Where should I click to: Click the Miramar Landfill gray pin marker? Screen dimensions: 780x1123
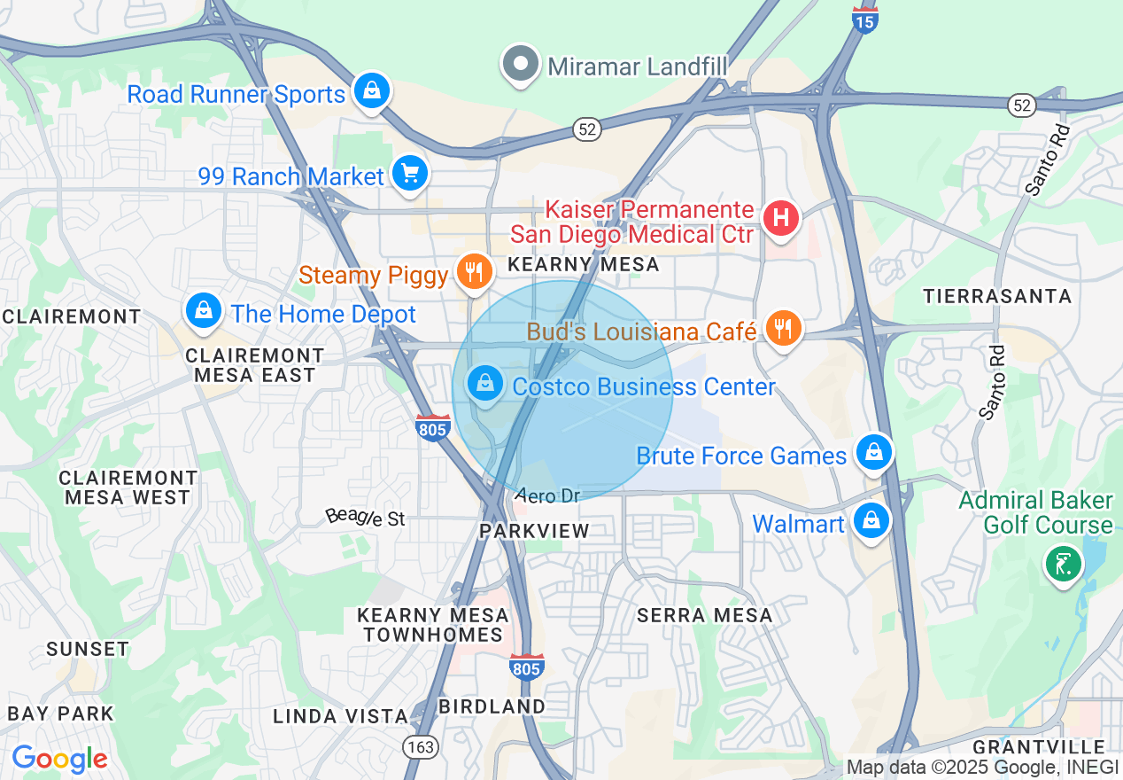click(x=521, y=64)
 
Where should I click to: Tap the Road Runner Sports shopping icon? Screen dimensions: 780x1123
click(x=372, y=91)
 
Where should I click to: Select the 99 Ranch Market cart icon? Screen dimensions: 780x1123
click(x=409, y=173)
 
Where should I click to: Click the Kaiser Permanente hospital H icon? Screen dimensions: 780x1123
click(x=780, y=216)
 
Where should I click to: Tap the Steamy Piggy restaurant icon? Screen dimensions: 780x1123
click(x=475, y=272)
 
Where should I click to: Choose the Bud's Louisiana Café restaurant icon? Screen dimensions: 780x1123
click(x=782, y=329)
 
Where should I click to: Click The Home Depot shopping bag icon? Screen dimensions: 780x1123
click(x=205, y=310)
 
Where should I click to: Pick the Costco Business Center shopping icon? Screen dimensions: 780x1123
click(x=485, y=385)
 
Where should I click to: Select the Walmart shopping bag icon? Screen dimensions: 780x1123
click(x=871, y=521)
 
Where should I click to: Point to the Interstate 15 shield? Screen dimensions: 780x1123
click(x=865, y=19)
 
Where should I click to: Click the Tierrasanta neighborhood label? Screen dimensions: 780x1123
click(x=997, y=296)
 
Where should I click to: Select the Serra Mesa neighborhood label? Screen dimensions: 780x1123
click(x=705, y=614)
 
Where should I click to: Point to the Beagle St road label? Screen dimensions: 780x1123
click(x=365, y=517)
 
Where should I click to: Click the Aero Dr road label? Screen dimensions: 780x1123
click(x=547, y=495)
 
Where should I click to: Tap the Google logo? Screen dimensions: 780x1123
click(x=60, y=759)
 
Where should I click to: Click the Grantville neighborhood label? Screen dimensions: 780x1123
click(x=1039, y=747)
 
